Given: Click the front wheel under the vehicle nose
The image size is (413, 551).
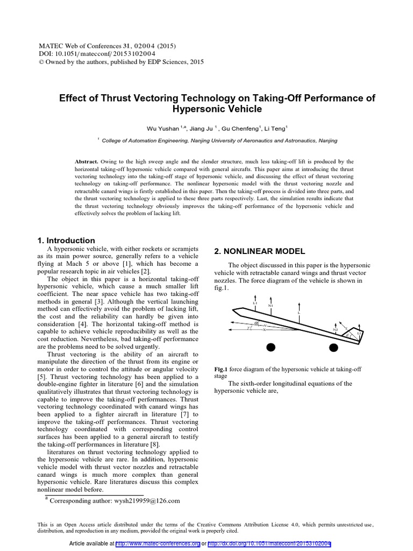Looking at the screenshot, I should tap(270, 348).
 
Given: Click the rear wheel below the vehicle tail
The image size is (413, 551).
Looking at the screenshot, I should tap(333, 348).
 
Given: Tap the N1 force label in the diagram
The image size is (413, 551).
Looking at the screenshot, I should tap(270, 306).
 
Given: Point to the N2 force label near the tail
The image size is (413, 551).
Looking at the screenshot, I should tap(335, 329).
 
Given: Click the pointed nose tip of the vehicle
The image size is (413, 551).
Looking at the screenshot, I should tap(233, 309).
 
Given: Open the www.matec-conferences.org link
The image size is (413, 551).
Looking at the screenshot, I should tap(158, 543).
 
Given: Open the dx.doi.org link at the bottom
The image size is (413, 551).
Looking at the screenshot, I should tap(269, 543).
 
